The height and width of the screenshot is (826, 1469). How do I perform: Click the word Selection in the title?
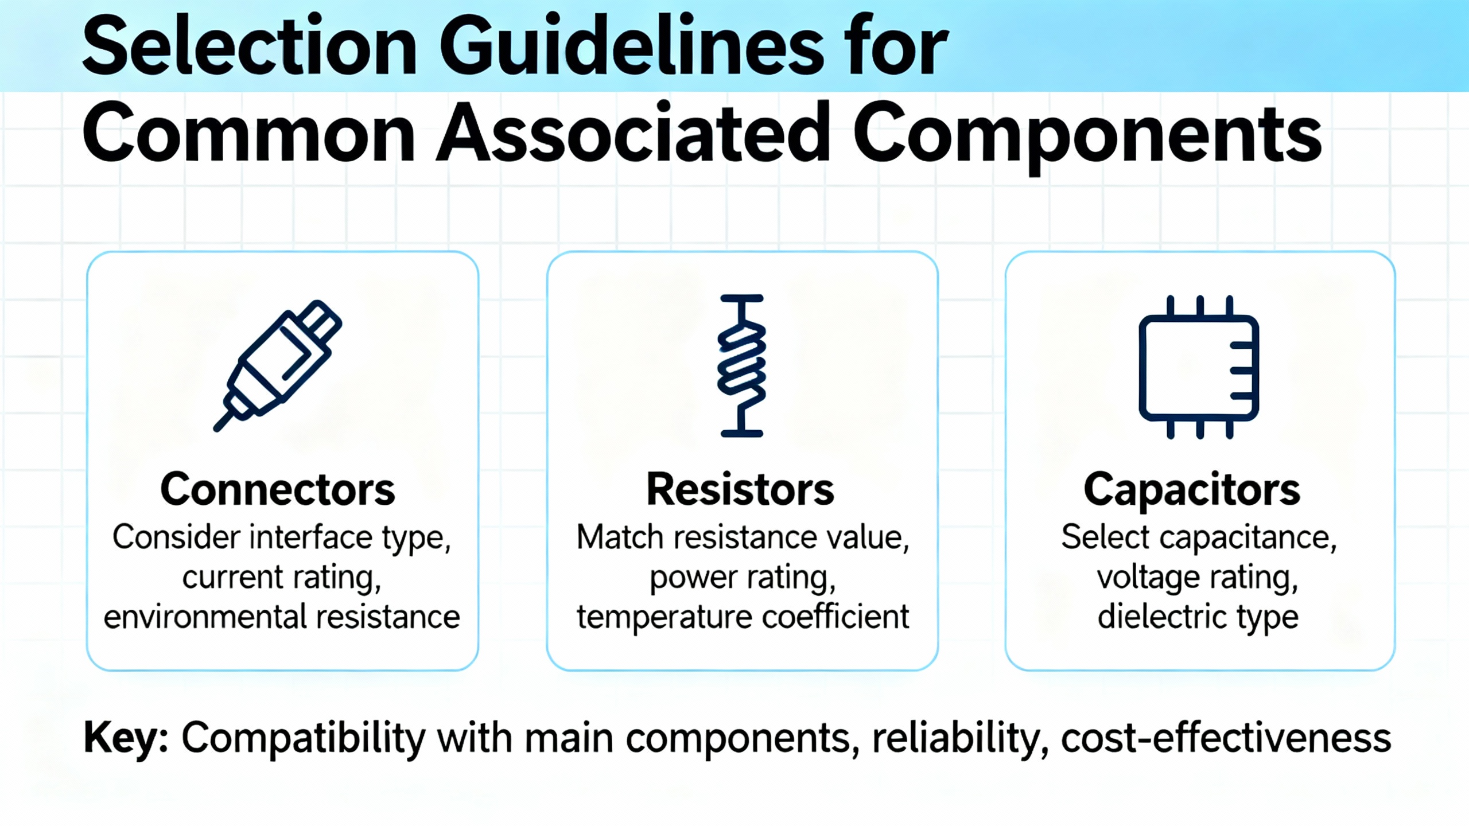click(250, 46)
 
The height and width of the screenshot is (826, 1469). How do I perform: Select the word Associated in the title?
click(634, 133)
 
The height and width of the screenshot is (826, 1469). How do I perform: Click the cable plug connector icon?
click(278, 365)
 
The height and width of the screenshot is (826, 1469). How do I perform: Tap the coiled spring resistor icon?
click(742, 365)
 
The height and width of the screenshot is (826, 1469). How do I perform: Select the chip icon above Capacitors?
click(1199, 367)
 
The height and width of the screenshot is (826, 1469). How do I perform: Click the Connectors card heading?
click(278, 489)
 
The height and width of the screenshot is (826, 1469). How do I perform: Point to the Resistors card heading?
click(740, 489)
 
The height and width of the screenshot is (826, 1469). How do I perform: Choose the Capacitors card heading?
click(1192, 491)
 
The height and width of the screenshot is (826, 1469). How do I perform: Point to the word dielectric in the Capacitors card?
click(1163, 617)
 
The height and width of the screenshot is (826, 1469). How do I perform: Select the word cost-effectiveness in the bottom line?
click(1226, 738)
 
